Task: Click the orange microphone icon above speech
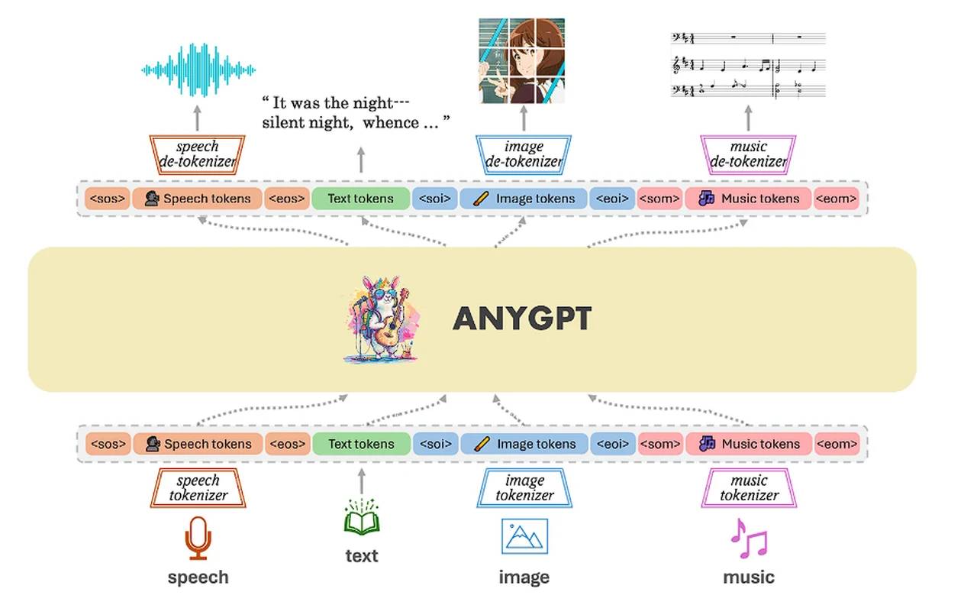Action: [x=198, y=538]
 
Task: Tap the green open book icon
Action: [x=361, y=519]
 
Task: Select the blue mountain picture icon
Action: [x=524, y=535]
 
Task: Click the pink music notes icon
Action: [x=748, y=539]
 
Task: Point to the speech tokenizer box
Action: [x=198, y=488]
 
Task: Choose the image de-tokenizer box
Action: [x=524, y=154]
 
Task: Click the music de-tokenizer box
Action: [x=748, y=154]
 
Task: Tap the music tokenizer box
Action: [x=748, y=488]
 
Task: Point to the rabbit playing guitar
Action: [x=383, y=319]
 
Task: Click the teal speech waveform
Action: [x=198, y=71]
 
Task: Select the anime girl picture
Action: [x=522, y=60]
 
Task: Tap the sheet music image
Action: [x=748, y=65]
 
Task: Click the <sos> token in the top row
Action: [x=107, y=199]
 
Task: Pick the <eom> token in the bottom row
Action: [x=837, y=444]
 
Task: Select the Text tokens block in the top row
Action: [x=360, y=199]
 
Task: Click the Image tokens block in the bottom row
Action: [x=524, y=444]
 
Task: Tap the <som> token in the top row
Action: [x=659, y=199]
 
